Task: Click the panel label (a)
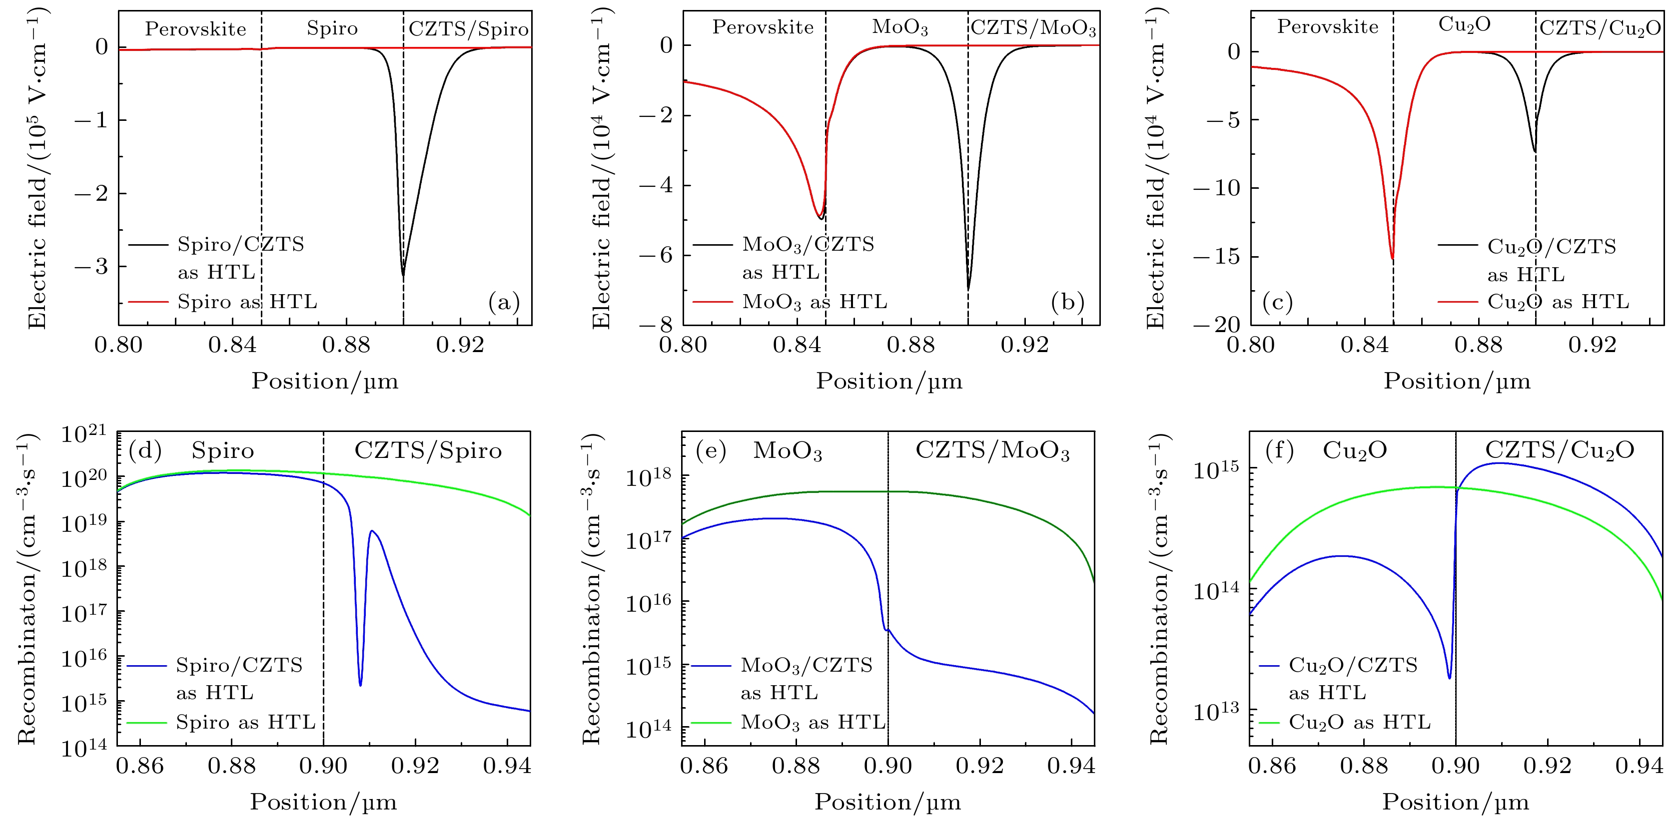(x=504, y=302)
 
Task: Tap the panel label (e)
(x=711, y=450)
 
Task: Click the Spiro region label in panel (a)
(x=332, y=28)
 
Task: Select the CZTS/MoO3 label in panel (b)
(x=1033, y=28)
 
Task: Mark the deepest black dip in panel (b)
(x=968, y=289)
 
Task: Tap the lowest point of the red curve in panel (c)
(x=1392, y=258)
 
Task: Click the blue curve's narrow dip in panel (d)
(x=360, y=684)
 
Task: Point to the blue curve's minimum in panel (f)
(x=1449, y=678)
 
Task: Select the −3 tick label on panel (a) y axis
(x=91, y=267)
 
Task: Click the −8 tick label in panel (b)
(x=656, y=325)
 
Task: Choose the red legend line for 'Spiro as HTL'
(x=148, y=302)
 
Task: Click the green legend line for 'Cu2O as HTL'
(x=1269, y=722)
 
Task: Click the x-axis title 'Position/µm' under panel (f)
(x=1455, y=802)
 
